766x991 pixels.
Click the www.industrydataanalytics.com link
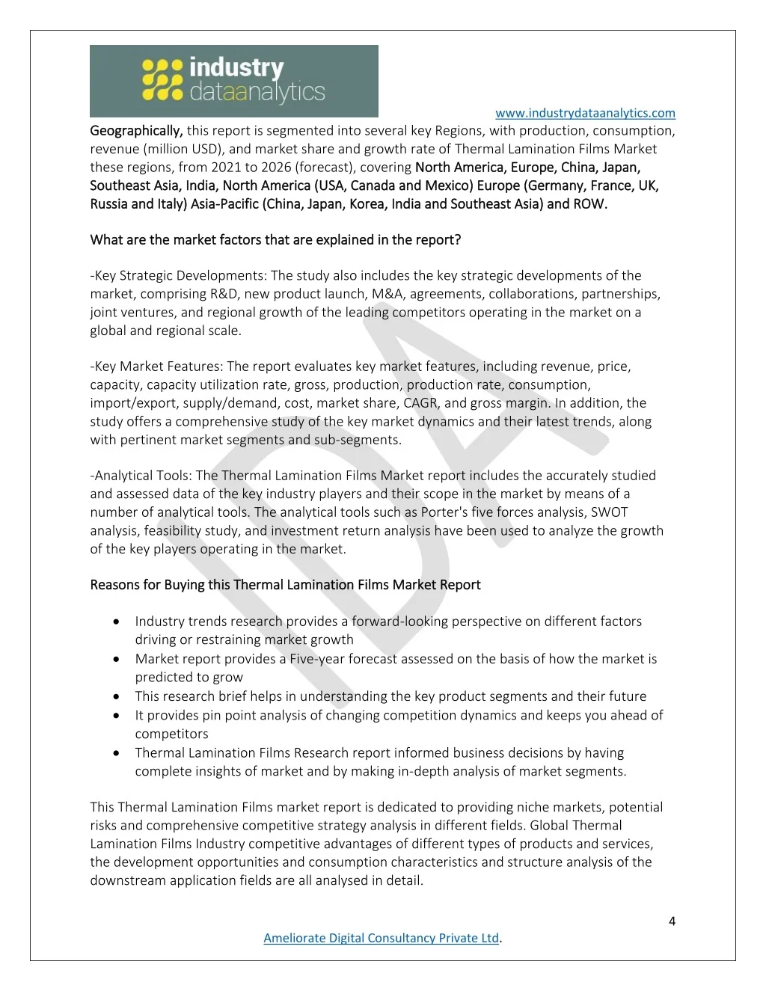[585, 113]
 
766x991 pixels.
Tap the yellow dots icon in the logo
[162, 80]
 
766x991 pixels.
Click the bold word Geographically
[136, 131]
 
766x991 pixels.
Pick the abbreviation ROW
[589, 204]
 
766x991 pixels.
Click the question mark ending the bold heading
[458, 240]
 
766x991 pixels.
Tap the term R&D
[199, 294]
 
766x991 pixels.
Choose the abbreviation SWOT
[609, 512]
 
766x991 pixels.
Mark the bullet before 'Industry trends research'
[117, 622]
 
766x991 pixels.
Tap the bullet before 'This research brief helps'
[117, 696]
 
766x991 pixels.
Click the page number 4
[672, 921]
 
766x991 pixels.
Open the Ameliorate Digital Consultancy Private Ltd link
[381, 938]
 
